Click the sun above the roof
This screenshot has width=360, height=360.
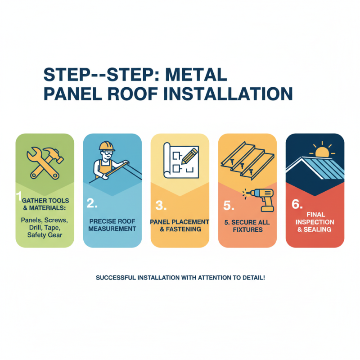pyautogui.click(x=322, y=152)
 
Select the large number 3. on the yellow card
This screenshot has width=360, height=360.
pyautogui.click(x=161, y=206)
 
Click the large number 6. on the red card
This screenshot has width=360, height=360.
pyautogui.click(x=297, y=204)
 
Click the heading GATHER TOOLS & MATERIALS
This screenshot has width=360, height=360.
pyautogui.click(x=45, y=209)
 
